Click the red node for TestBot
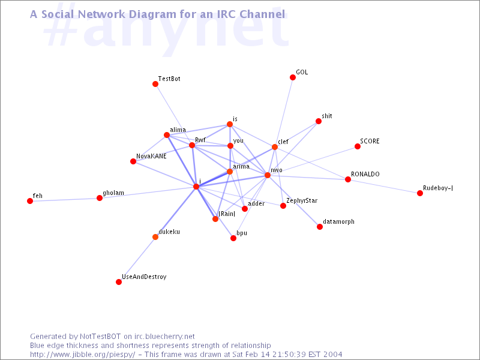point(155,84)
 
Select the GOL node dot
point(293,77)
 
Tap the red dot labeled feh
point(29,201)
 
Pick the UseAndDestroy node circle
point(119,282)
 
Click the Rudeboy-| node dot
point(420,193)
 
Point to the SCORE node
point(358,146)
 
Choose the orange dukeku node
point(155,237)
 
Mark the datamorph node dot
point(320,227)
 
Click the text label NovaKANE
point(151,156)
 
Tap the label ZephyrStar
point(302,201)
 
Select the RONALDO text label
point(365,174)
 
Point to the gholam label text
point(113,193)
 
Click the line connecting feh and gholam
point(65,199)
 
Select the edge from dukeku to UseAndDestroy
point(137,259)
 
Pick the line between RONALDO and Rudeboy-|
point(384,186)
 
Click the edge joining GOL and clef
point(284,112)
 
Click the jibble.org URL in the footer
point(82,355)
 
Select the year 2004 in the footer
point(332,355)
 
